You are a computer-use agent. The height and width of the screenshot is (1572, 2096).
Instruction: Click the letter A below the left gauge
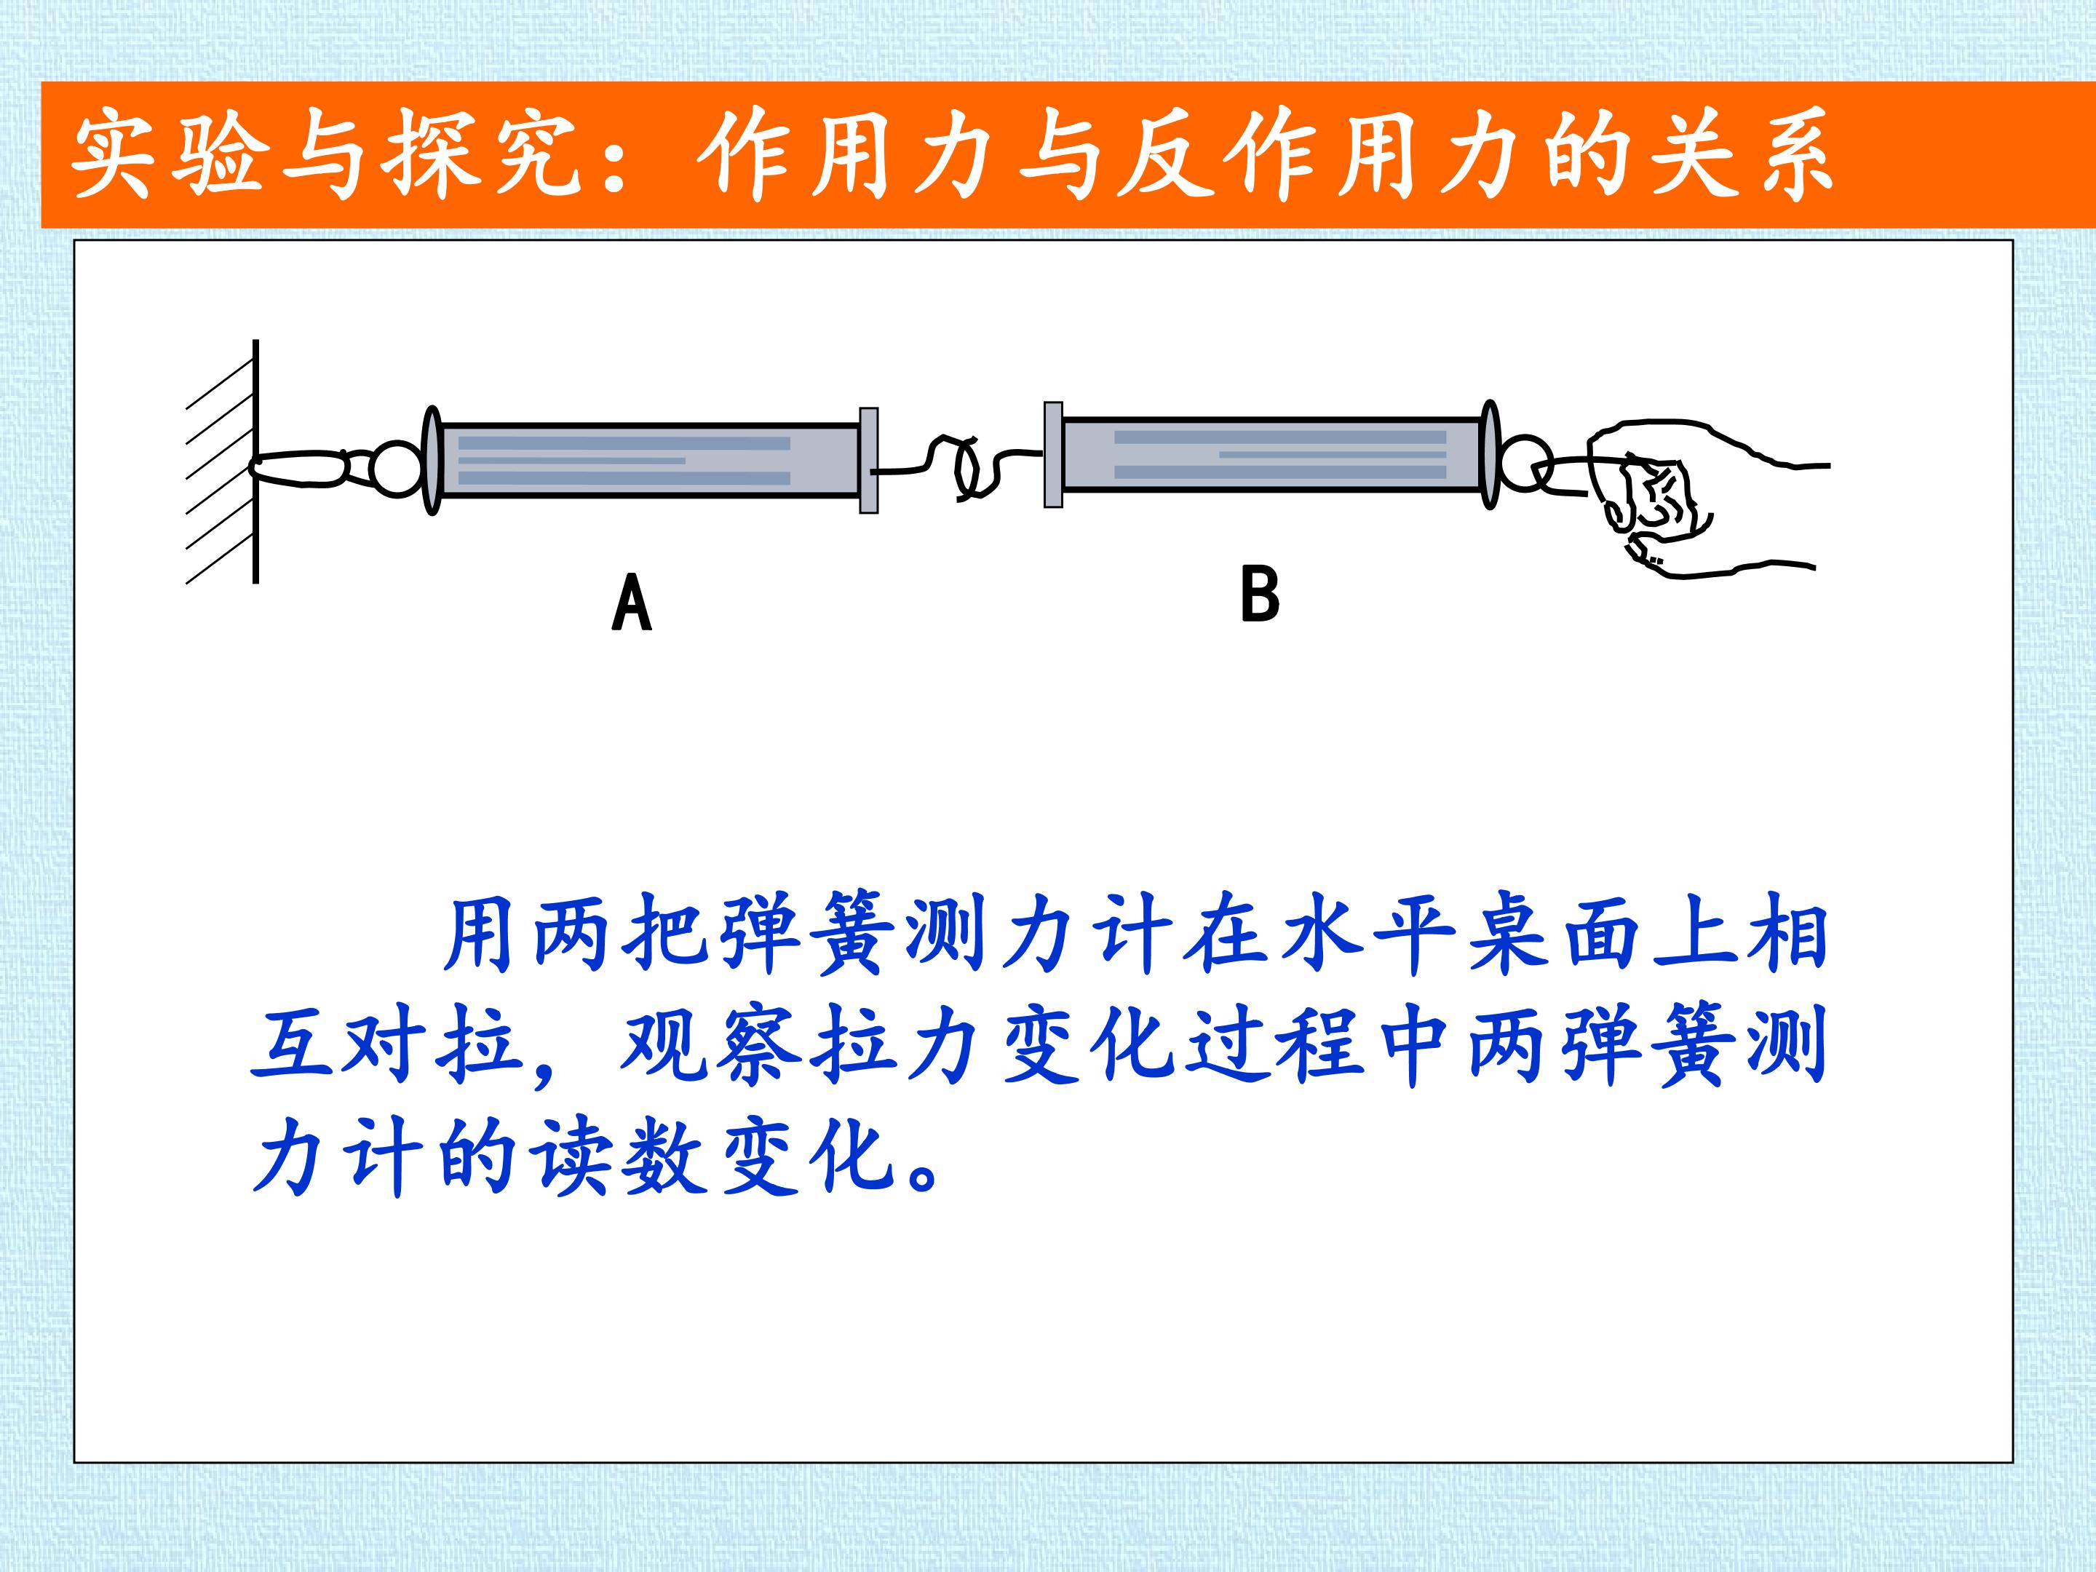632,603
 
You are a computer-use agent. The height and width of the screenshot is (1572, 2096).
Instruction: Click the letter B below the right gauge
1261,593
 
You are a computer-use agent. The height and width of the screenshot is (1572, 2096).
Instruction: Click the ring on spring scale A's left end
398,469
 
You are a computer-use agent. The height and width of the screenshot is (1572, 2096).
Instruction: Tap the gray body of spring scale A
648,459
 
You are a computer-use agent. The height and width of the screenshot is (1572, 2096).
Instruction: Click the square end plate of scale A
869,461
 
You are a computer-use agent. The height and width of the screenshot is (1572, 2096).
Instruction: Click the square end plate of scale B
1053,455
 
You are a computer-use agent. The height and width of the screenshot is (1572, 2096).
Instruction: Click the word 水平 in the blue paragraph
1366,936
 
